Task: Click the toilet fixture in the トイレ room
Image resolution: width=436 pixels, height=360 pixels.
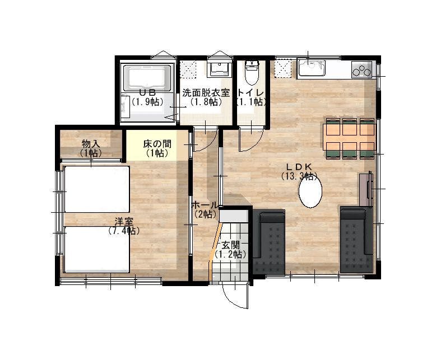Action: (x=252, y=73)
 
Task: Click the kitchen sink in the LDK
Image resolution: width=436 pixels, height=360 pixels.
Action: (x=311, y=68)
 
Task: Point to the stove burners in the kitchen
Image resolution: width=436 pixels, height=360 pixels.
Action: (x=361, y=69)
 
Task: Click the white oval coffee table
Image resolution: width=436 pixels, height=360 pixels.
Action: (x=310, y=191)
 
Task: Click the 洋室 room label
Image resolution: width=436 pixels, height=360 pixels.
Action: (x=124, y=222)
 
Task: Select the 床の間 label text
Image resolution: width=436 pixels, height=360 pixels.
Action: (x=157, y=144)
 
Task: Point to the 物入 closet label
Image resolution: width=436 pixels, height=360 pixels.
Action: (x=91, y=144)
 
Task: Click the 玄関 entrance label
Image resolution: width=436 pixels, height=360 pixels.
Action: (x=231, y=245)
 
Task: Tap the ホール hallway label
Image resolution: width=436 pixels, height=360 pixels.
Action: (x=205, y=205)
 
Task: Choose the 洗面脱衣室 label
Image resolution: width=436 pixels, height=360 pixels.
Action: (x=206, y=93)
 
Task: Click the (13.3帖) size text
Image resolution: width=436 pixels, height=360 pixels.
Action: (x=299, y=176)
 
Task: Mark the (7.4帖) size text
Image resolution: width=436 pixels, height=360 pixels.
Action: (x=124, y=231)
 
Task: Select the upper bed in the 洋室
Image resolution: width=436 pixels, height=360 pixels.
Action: (x=97, y=189)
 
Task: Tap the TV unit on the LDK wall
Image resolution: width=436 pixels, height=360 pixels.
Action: (x=366, y=189)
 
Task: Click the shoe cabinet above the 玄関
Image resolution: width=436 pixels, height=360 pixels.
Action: (x=234, y=216)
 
